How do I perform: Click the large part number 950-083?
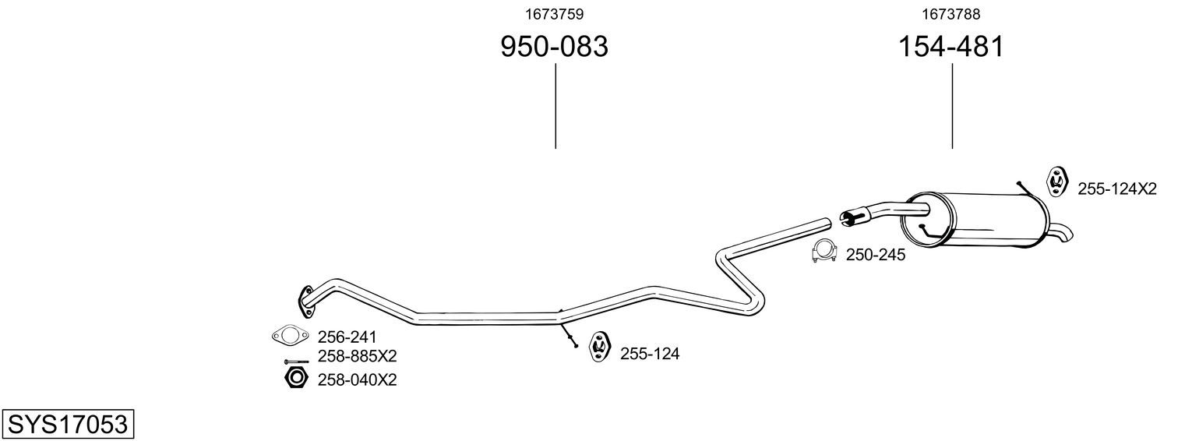pyautogui.click(x=553, y=47)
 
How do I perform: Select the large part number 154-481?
pyautogui.click(x=950, y=47)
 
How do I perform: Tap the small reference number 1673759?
pyautogui.click(x=553, y=14)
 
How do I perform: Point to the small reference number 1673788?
pyautogui.click(x=950, y=14)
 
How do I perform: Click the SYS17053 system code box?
pyautogui.click(x=67, y=425)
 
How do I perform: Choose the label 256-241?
pyautogui.click(x=347, y=337)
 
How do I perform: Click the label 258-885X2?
pyautogui.click(x=357, y=357)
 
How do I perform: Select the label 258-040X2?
pyautogui.click(x=357, y=379)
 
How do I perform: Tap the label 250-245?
pyautogui.click(x=876, y=255)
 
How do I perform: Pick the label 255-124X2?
pyautogui.click(x=1117, y=189)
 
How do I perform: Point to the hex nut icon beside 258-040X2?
pyautogui.click(x=294, y=379)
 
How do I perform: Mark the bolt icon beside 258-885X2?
pyautogui.click(x=296, y=362)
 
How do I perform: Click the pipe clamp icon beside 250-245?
pyautogui.click(x=823, y=252)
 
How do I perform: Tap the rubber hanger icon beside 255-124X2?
pyautogui.click(x=1056, y=180)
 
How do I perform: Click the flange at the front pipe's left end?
pyautogui.click(x=305, y=300)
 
